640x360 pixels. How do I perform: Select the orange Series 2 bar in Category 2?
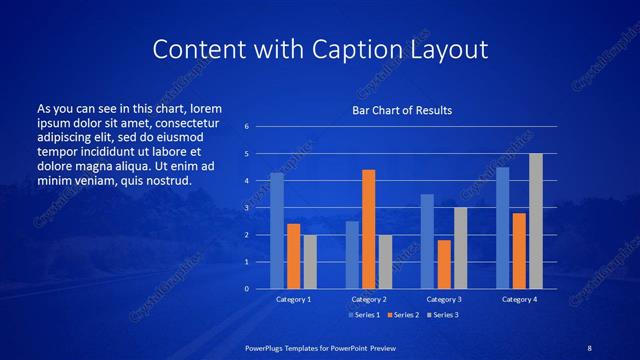(x=368, y=229)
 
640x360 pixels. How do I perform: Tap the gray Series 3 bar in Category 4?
(x=536, y=221)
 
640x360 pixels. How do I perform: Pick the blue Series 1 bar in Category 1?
(x=277, y=231)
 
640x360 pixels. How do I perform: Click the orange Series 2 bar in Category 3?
(x=444, y=264)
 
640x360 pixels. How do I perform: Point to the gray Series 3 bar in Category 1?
(x=310, y=262)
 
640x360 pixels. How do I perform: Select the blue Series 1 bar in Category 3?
(x=427, y=241)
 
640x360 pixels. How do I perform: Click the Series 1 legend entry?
(x=364, y=314)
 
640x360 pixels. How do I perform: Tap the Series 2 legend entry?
(x=402, y=314)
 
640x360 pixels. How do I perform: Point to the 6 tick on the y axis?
(x=246, y=127)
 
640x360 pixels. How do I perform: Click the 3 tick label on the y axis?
(x=246, y=208)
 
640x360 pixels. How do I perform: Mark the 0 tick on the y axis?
(x=246, y=289)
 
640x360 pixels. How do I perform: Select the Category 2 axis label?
(x=368, y=299)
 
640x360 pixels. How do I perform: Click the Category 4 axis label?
(x=519, y=299)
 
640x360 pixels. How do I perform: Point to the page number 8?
(x=590, y=347)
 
